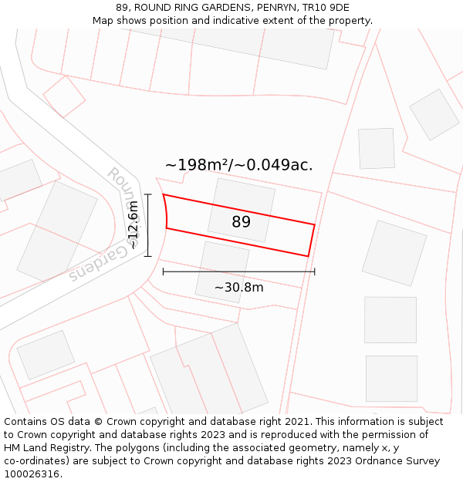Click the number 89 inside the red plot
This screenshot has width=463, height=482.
[241, 222]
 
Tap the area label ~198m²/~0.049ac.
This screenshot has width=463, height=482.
[238, 165]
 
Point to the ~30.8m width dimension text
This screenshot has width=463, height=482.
[238, 288]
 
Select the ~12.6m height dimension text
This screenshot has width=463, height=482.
[133, 224]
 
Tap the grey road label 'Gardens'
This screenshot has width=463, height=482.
[96, 264]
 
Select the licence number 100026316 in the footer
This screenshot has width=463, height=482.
[32, 474]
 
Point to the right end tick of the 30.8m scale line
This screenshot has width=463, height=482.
[315, 271]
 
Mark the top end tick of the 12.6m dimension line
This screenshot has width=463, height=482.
[147, 194]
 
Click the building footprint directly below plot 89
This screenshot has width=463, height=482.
[222, 271]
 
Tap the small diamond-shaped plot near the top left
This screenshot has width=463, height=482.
[63, 96]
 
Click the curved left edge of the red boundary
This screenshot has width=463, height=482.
[166, 211]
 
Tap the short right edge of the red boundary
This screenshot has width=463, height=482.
[312, 241]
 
